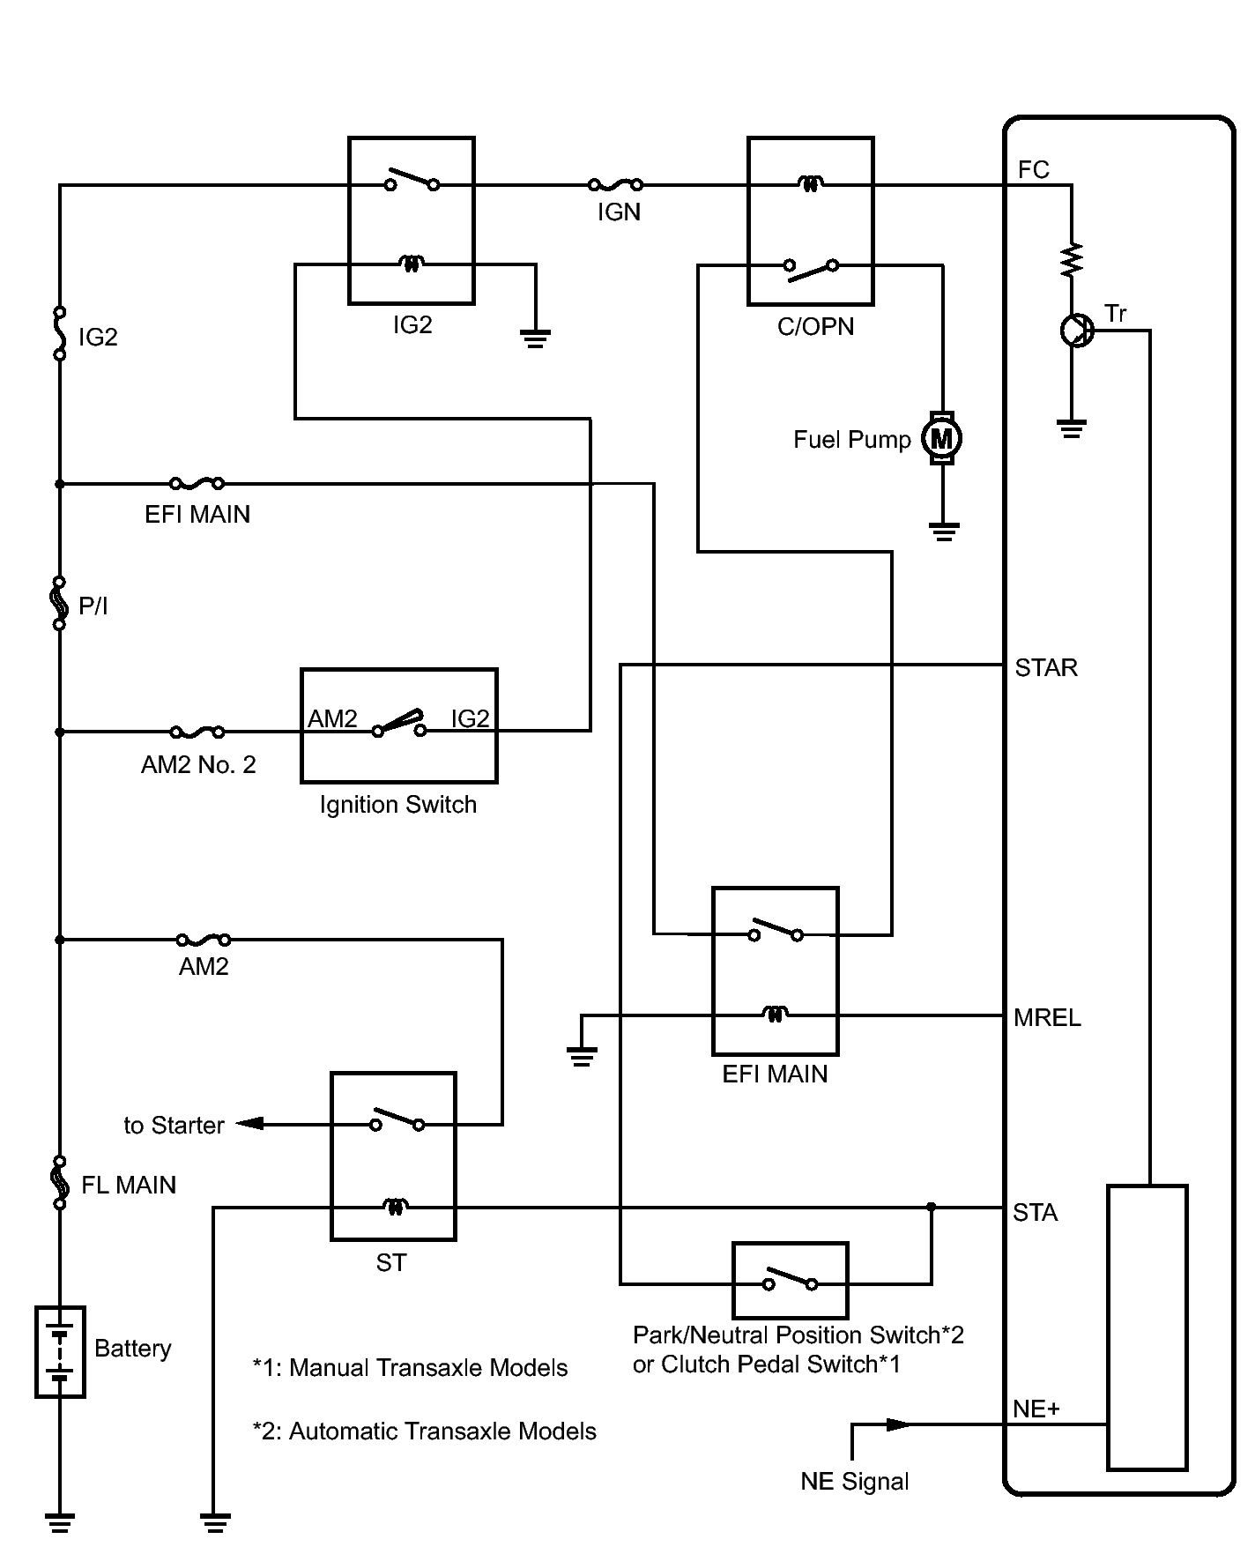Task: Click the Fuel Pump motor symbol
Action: (942, 438)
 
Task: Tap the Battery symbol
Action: (60, 1351)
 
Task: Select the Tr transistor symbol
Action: (1075, 331)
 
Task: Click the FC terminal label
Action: (1033, 169)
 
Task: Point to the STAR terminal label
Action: (1046, 667)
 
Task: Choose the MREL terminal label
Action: (1047, 1018)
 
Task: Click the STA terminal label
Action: (1035, 1213)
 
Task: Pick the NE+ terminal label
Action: (1036, 1409)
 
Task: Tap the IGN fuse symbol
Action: (615, 184)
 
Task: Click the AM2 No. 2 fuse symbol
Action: (197, 731)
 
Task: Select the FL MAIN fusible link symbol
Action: (60, 1182)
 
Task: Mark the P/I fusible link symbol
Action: (60, 603)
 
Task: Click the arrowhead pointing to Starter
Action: (250, 1124)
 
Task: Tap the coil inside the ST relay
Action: (394, 1207)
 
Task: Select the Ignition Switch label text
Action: (398, 805)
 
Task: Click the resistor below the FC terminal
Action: (1072, 259)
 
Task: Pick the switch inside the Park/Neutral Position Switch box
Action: (791, 1279)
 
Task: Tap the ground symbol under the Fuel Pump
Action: (943, 532)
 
